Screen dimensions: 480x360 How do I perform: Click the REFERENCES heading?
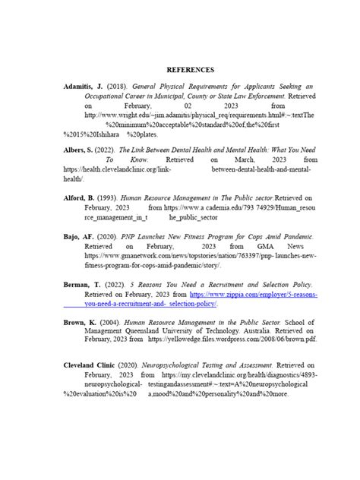[179, 70]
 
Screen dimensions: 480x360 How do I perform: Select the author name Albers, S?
[79, 150]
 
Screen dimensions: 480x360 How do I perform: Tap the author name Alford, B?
[80, 197]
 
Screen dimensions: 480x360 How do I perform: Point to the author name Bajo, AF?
[79, 237]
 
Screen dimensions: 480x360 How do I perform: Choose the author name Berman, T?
[81, 283]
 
